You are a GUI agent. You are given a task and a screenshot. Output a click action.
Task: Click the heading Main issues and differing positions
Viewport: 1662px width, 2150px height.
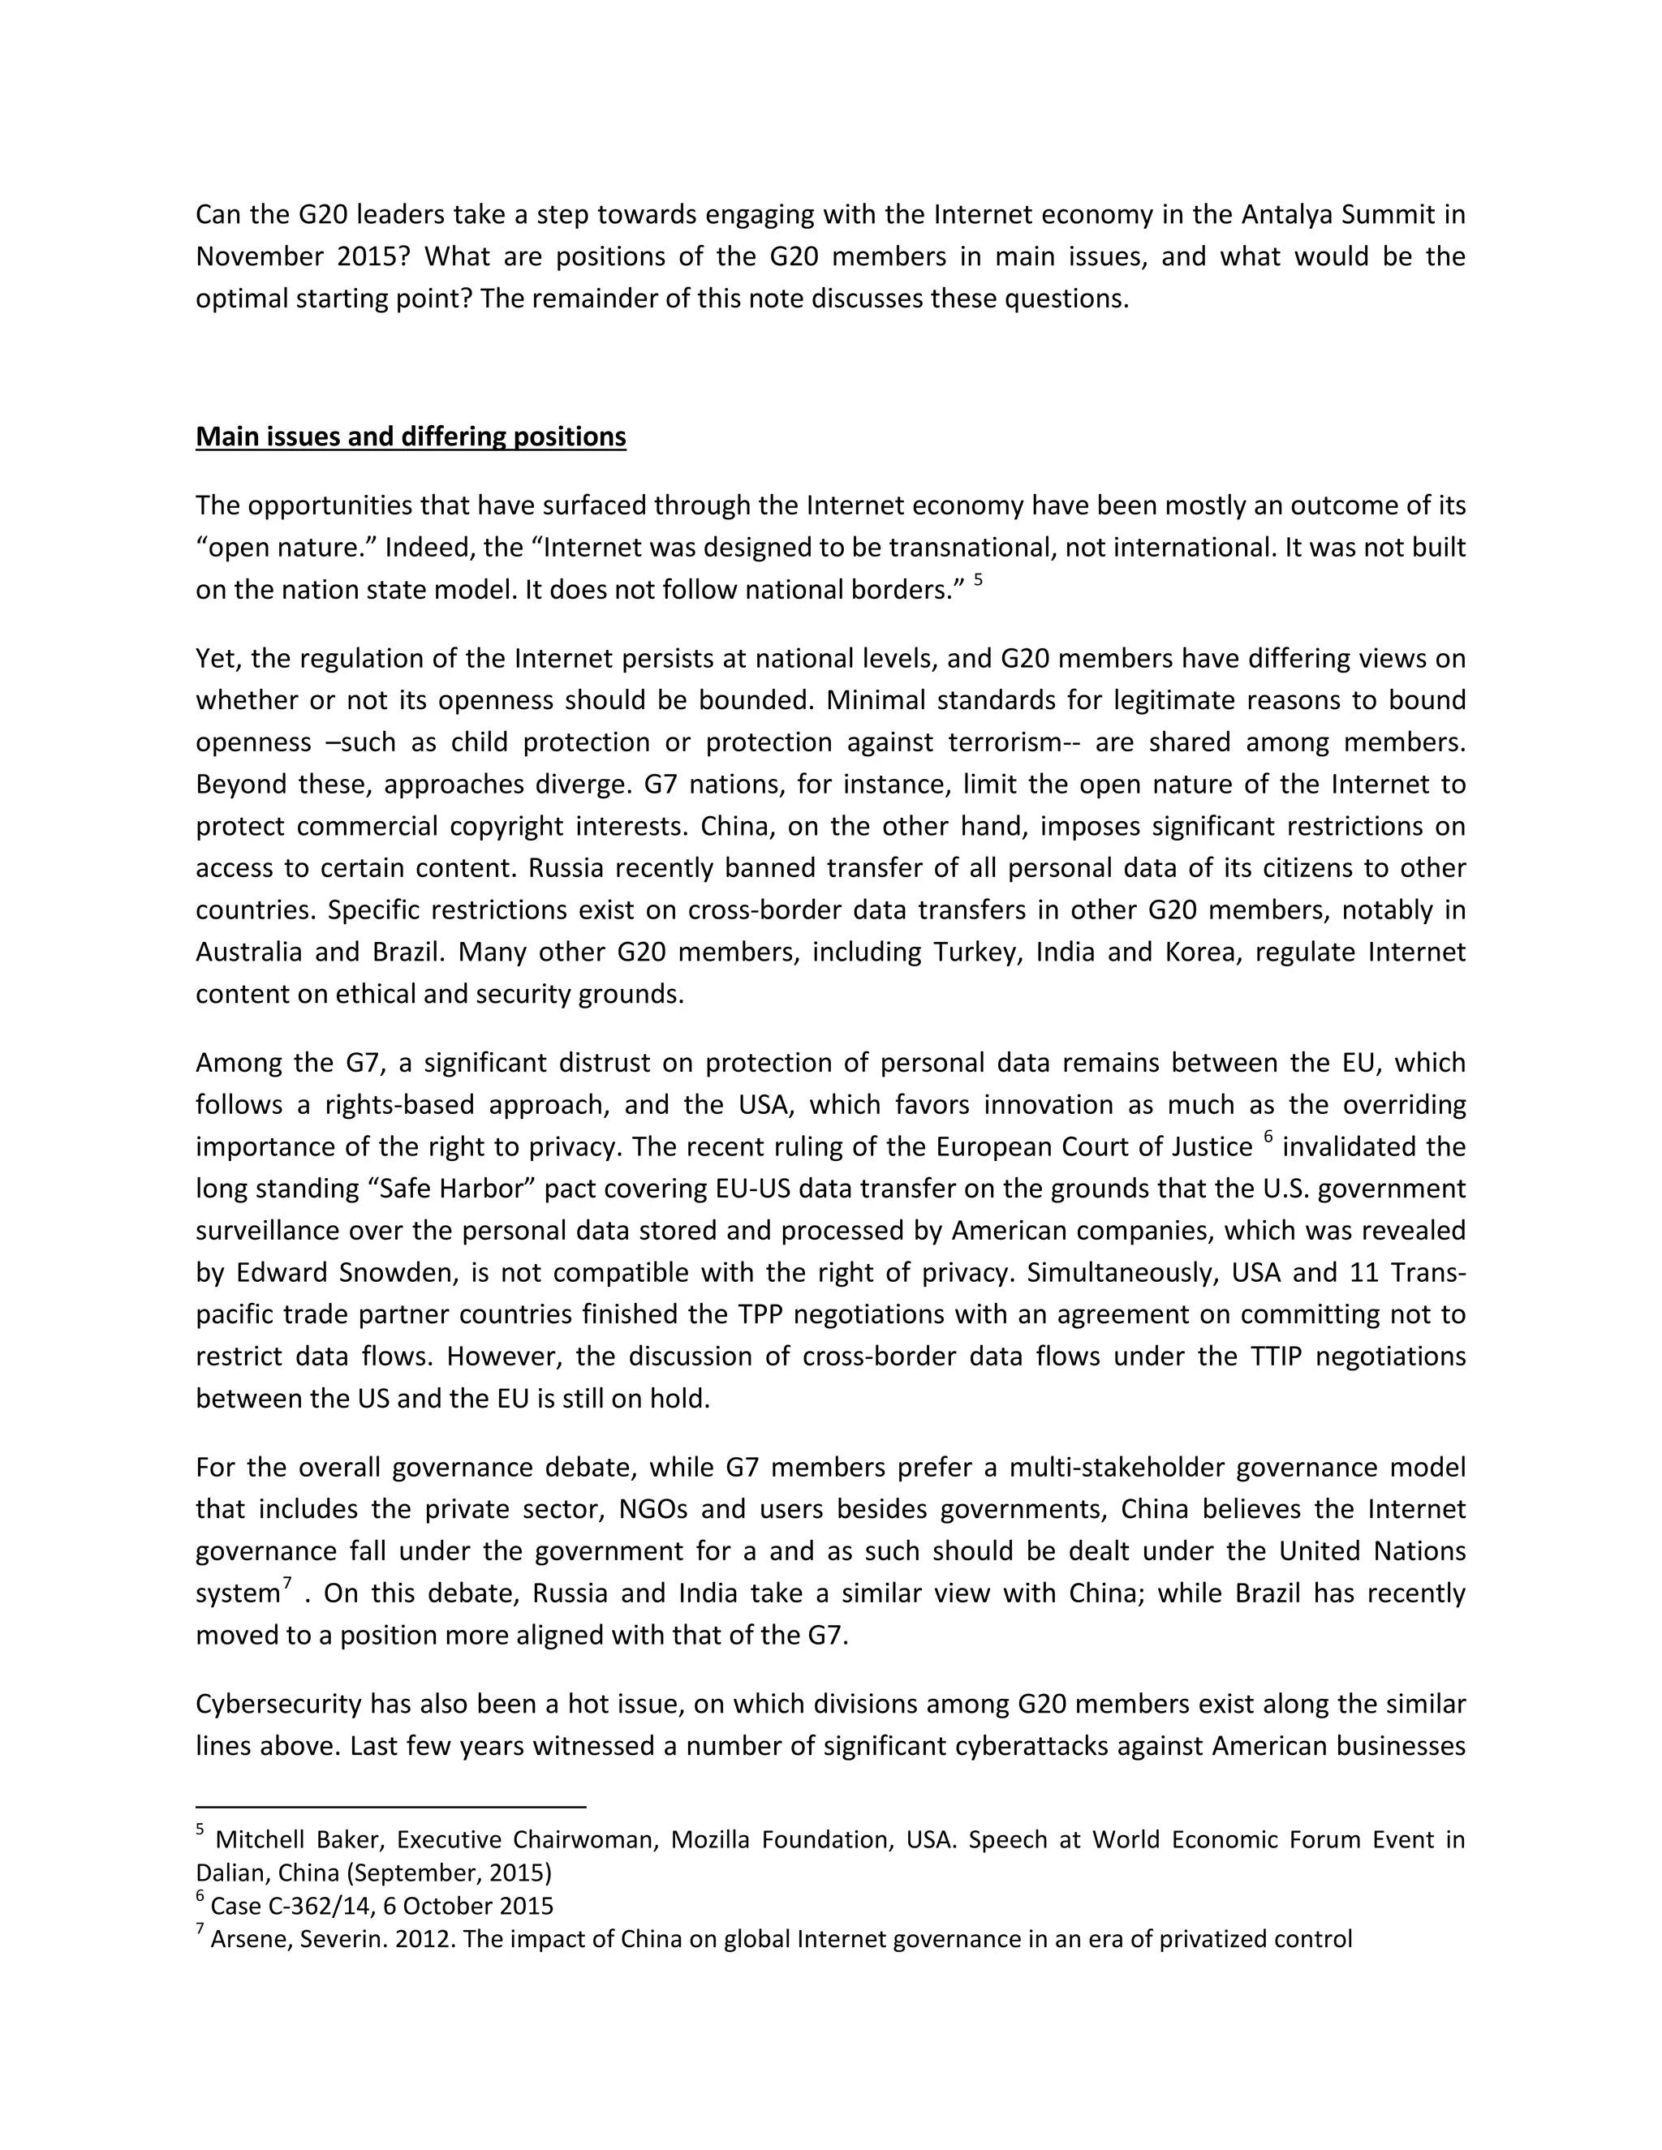click(411, 436)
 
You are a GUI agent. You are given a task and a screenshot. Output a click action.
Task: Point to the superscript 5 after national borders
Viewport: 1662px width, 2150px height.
click(978, 582)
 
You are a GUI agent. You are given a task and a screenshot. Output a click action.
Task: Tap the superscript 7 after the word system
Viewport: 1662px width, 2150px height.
click(287, 1583)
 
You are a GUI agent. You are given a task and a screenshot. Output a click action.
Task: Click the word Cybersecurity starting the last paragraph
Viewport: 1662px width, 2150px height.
click(280, 1704)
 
